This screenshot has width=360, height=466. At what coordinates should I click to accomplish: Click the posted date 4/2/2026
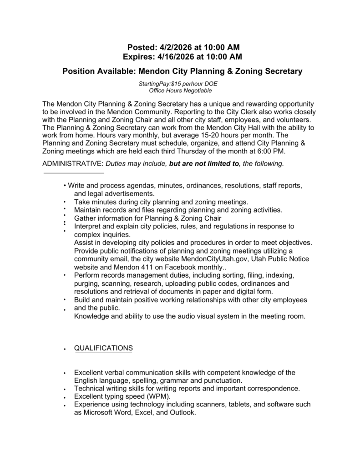176,47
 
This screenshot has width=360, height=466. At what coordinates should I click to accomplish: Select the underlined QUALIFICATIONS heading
103,348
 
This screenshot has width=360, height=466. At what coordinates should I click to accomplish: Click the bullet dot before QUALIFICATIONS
66,349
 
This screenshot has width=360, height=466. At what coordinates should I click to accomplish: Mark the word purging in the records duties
86,284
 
